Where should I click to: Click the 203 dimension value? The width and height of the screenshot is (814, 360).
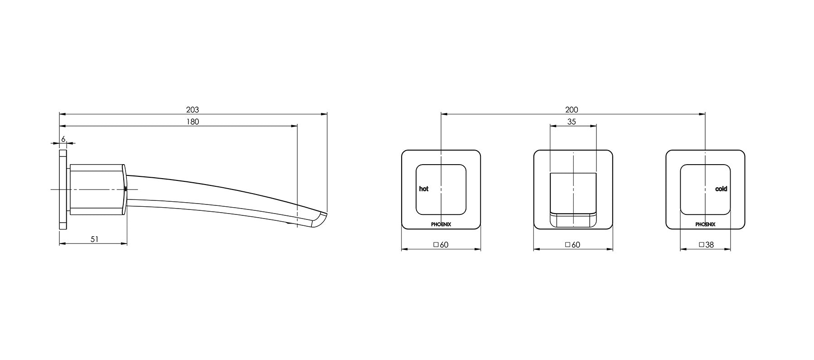[193, 110]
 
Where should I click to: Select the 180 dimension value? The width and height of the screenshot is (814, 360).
[193, 122]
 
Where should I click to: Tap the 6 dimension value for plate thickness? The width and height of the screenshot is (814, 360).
[63, 139]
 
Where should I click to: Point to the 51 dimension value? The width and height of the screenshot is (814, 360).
[94, 239]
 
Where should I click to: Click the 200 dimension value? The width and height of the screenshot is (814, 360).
[572, 110]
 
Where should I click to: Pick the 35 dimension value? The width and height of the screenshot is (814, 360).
[572, 122]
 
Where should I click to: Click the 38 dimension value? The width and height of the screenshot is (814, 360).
[709, 244]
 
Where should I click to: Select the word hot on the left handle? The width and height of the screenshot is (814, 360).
[423, 189]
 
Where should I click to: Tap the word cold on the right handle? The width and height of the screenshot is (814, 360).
[721, 189]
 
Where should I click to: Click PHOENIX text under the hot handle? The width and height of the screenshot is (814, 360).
[441, 224]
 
